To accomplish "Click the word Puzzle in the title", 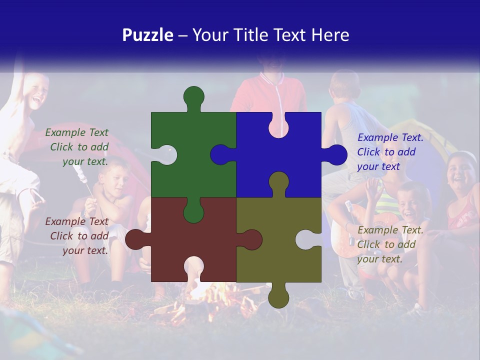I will click(148, 35).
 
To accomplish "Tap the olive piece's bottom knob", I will click(278, 296).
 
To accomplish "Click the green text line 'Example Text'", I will click(76, 132).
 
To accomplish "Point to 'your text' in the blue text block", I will click(378, 166).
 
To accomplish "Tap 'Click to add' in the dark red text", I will click(79, 236).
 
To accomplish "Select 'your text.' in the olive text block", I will click(380, 259).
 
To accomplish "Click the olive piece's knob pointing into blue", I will click(278, 181).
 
